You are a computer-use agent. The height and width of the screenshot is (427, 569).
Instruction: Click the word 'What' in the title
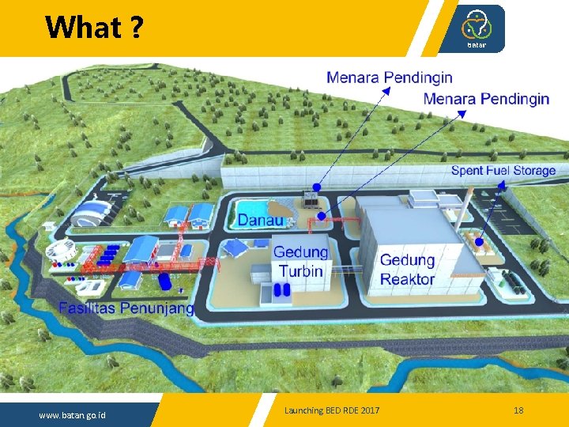(x=82, y=28)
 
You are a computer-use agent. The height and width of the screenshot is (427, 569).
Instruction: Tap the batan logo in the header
(x=477, y=28)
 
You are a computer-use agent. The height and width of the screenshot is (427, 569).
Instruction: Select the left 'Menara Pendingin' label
(x=390, y=77)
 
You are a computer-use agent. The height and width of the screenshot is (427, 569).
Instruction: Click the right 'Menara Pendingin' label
(x=486, y=99)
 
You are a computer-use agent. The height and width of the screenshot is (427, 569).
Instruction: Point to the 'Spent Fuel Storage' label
(x=503, y=170)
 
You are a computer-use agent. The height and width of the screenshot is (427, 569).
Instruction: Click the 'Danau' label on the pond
(x=261, y=220)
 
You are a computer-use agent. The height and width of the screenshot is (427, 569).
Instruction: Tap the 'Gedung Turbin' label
(x=300, y=262)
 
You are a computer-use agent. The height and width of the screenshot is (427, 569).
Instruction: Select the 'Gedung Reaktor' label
(x=407, y=269)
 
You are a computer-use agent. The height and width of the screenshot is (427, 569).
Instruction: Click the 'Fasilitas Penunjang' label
(x=126, y=308)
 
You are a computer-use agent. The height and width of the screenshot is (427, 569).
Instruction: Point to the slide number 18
(x=518, y=410)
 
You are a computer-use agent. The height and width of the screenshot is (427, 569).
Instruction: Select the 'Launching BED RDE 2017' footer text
(x=332, y=410)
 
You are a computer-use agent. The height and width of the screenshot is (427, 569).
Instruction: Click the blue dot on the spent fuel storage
(x=477, y=240)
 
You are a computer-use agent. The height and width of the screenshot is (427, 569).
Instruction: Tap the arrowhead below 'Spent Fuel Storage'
(x=502, y=185)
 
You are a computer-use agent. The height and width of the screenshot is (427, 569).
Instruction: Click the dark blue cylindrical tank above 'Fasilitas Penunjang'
(x=164, y=281)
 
